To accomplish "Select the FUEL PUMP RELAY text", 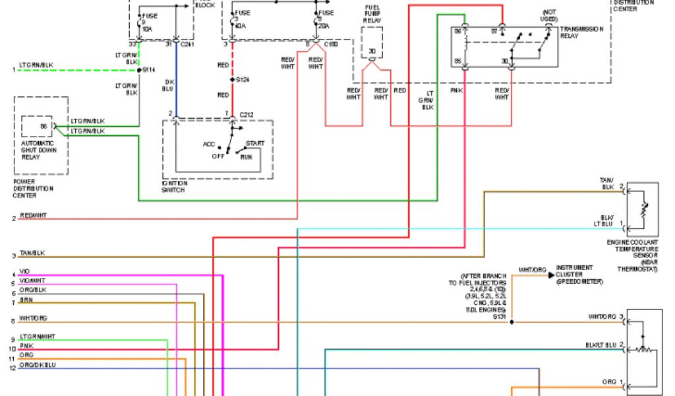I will (372, 14).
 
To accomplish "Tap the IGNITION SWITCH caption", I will (175, 187).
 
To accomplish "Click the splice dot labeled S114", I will (138, 69).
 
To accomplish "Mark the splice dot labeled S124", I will (231, 80).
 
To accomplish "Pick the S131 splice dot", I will (512, 322).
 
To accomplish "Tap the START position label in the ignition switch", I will (255, 143).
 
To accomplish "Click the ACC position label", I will (210, 143).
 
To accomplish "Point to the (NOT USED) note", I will (549, 16).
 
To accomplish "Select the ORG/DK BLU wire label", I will (38, 365).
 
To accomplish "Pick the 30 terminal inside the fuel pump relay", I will (372, 51).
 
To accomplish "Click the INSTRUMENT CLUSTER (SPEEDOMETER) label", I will (574, 275).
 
